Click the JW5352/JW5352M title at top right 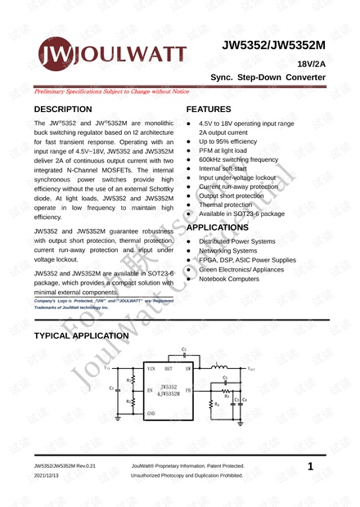[x=274, y=48]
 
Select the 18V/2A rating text [x=312, y=63]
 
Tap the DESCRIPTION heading [x=63, y=110]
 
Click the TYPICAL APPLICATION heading [x=81, y=335]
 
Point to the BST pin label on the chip [x=169, y=370]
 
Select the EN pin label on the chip [x=150, y=391]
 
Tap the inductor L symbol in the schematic [x=219, y=368]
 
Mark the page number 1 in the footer [x=311, y=466]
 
